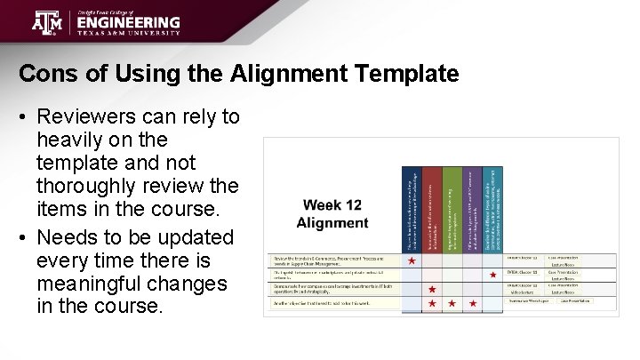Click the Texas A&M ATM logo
coord(48,21)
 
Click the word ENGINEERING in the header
coord(128,22)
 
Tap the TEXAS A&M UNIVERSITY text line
coord(128,33)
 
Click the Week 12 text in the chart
coord(332,204)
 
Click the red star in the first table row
coord(412,261)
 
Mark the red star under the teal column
coord(493,276)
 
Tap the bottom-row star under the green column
coord(452,304)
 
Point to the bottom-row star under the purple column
coord(473,304)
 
